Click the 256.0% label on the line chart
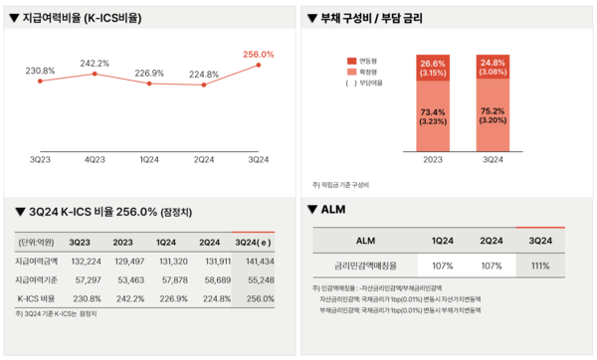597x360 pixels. click(x=258, y=54)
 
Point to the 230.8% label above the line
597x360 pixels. click(x=40, y=71)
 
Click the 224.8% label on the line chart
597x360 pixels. click(x=204, y=73)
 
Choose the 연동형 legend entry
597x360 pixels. click(x=363, y=62)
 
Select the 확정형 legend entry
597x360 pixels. click(x=363, y=72)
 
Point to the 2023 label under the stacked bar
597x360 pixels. click(x=434, y=158)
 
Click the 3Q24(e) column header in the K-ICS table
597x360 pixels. click(x=254, y=241)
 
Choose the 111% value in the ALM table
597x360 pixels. click(x=540, y=266)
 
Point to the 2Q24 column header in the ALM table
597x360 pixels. click(x=491, y=241)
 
